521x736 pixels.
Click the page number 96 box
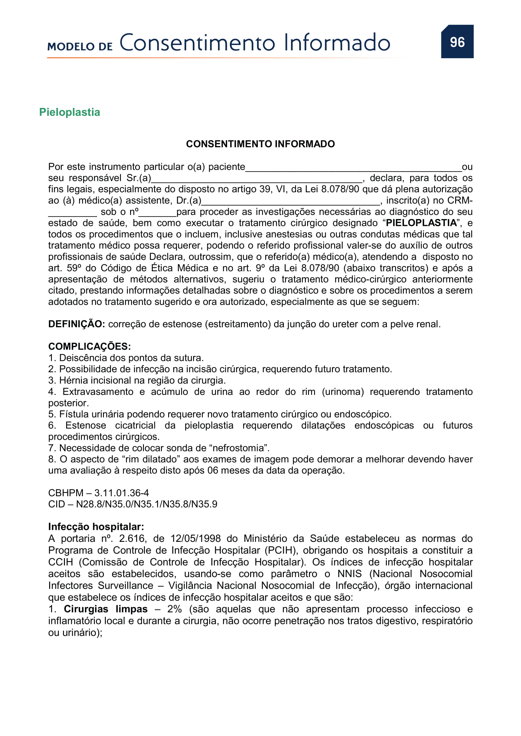click(x=457, y=42)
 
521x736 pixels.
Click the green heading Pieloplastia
click(x=70, y=112)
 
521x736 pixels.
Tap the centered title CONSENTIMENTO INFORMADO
click(x=260, y=144)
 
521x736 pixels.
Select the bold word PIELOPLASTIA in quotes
click(x=421, y=223)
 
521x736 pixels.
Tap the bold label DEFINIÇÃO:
click(x=77, y=324)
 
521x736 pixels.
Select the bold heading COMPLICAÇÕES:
click(x=89, y=346)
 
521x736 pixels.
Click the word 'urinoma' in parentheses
click(x=343, y=392)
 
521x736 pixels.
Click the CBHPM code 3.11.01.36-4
click(x=122, y=493)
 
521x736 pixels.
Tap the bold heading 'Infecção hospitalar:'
click(x=96, y=527)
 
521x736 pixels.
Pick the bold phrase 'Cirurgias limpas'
click(x=106, y=609)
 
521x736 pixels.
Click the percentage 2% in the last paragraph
click(x=175, y=609)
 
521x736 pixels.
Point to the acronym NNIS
click(x=349, y=574)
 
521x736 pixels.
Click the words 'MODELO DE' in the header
click(x=80, y=47)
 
